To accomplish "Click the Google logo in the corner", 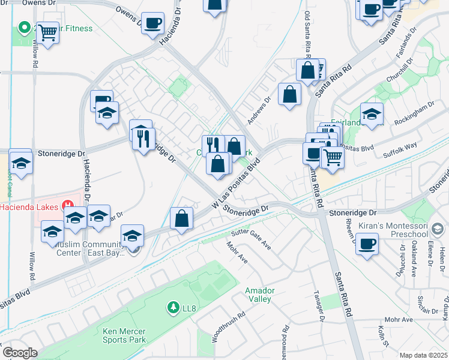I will (20, 353).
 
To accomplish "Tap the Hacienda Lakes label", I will (29, 207).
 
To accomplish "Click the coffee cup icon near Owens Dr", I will (153, 23).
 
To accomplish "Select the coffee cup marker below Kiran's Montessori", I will (367, 244).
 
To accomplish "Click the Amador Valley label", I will (260, 295).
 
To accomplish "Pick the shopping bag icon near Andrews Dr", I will (289, 94).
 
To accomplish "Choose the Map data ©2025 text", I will (423, 355).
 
